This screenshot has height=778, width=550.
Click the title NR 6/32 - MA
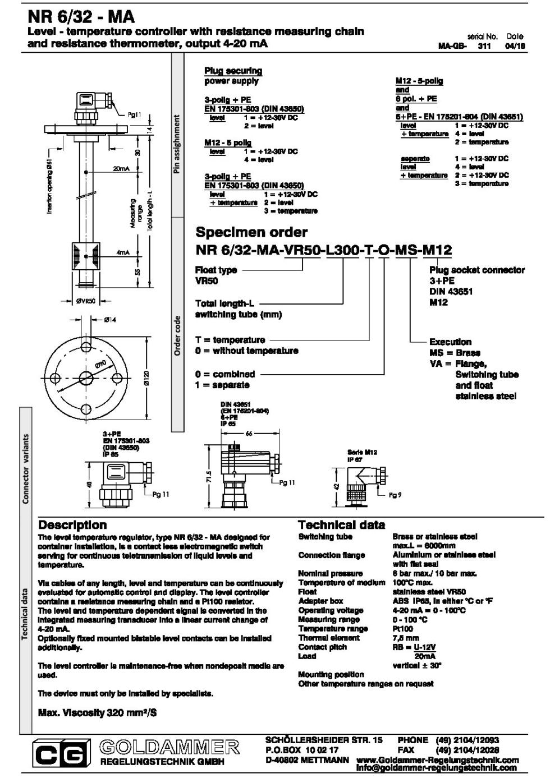click(81, 17)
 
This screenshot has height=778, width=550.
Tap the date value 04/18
click(515, 47)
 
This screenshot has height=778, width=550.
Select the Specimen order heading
click(251, 232)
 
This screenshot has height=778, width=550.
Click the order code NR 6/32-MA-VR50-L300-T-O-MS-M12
click(323, 250)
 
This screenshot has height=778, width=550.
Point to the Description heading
click(72, 525)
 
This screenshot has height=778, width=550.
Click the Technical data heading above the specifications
click(341, 525)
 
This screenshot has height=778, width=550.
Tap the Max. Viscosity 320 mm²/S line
click(97, 713)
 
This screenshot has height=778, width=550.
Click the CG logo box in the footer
click(61, 754)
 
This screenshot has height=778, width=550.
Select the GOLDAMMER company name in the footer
click(169, 747)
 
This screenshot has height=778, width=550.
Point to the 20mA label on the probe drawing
click(121, 168)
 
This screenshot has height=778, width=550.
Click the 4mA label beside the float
click(123, 252)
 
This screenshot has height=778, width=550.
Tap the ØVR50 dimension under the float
click(86, 301)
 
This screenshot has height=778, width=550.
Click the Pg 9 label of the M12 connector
click(395, 495)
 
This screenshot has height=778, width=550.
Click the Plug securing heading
click(233, 71)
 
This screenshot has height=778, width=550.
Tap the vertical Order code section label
click(177, 335)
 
